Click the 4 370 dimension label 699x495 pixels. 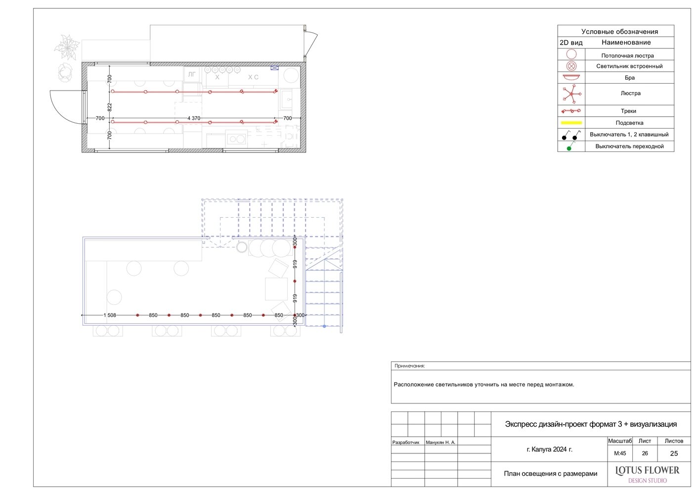194,118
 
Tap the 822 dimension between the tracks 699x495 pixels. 110,107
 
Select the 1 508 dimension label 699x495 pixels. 110,315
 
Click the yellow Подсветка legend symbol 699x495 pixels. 571,123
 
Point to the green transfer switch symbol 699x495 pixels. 570,147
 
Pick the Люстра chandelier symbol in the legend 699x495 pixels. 571,94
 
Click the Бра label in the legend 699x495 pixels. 629,78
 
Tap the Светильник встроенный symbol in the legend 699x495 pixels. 571,66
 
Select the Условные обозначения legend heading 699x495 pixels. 619,32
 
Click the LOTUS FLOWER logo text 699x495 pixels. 647,470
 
